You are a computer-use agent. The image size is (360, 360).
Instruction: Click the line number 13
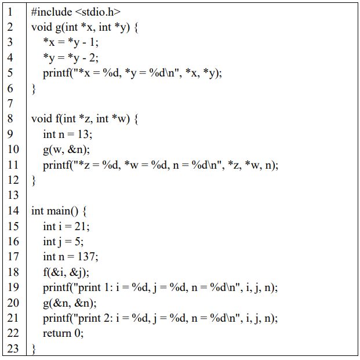coord(13,195)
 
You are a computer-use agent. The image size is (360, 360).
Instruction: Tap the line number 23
coord(13,348)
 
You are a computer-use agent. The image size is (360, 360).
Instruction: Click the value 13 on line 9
coord(84,134)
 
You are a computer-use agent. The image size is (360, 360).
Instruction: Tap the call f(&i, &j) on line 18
coord(66,272)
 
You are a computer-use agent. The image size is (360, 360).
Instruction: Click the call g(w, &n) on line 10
coord(67,150)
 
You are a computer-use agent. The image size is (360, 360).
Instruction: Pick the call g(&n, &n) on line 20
coord(70,303)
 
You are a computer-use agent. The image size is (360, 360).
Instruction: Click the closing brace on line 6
coord(34,89)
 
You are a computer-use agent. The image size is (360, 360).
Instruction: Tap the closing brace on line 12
coord(34,180)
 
